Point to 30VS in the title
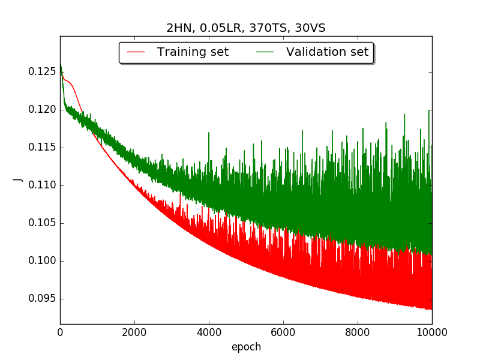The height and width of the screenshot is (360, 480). [310, 28]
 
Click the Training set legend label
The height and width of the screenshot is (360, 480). [193, 52]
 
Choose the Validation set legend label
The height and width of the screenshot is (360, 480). [327, 52]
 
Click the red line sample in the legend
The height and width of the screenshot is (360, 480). [136, 52]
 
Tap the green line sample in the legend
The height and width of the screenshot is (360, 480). [265, 52]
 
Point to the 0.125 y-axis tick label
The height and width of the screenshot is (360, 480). [42, 71]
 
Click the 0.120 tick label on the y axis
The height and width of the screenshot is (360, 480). [42, 109]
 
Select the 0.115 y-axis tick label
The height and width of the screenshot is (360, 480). [42, 147]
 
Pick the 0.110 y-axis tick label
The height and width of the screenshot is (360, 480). [42, 185]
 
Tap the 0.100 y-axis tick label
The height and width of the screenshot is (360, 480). [42, 260]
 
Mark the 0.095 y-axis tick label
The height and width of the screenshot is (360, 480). [42, 298]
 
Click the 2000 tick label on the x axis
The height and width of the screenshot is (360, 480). [134, 332]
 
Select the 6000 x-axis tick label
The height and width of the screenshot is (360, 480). [283, 332]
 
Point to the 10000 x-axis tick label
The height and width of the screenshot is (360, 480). [432, 332]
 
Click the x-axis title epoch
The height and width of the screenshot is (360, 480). [247, 347]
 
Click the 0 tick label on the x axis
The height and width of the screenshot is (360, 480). [61, 332]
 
